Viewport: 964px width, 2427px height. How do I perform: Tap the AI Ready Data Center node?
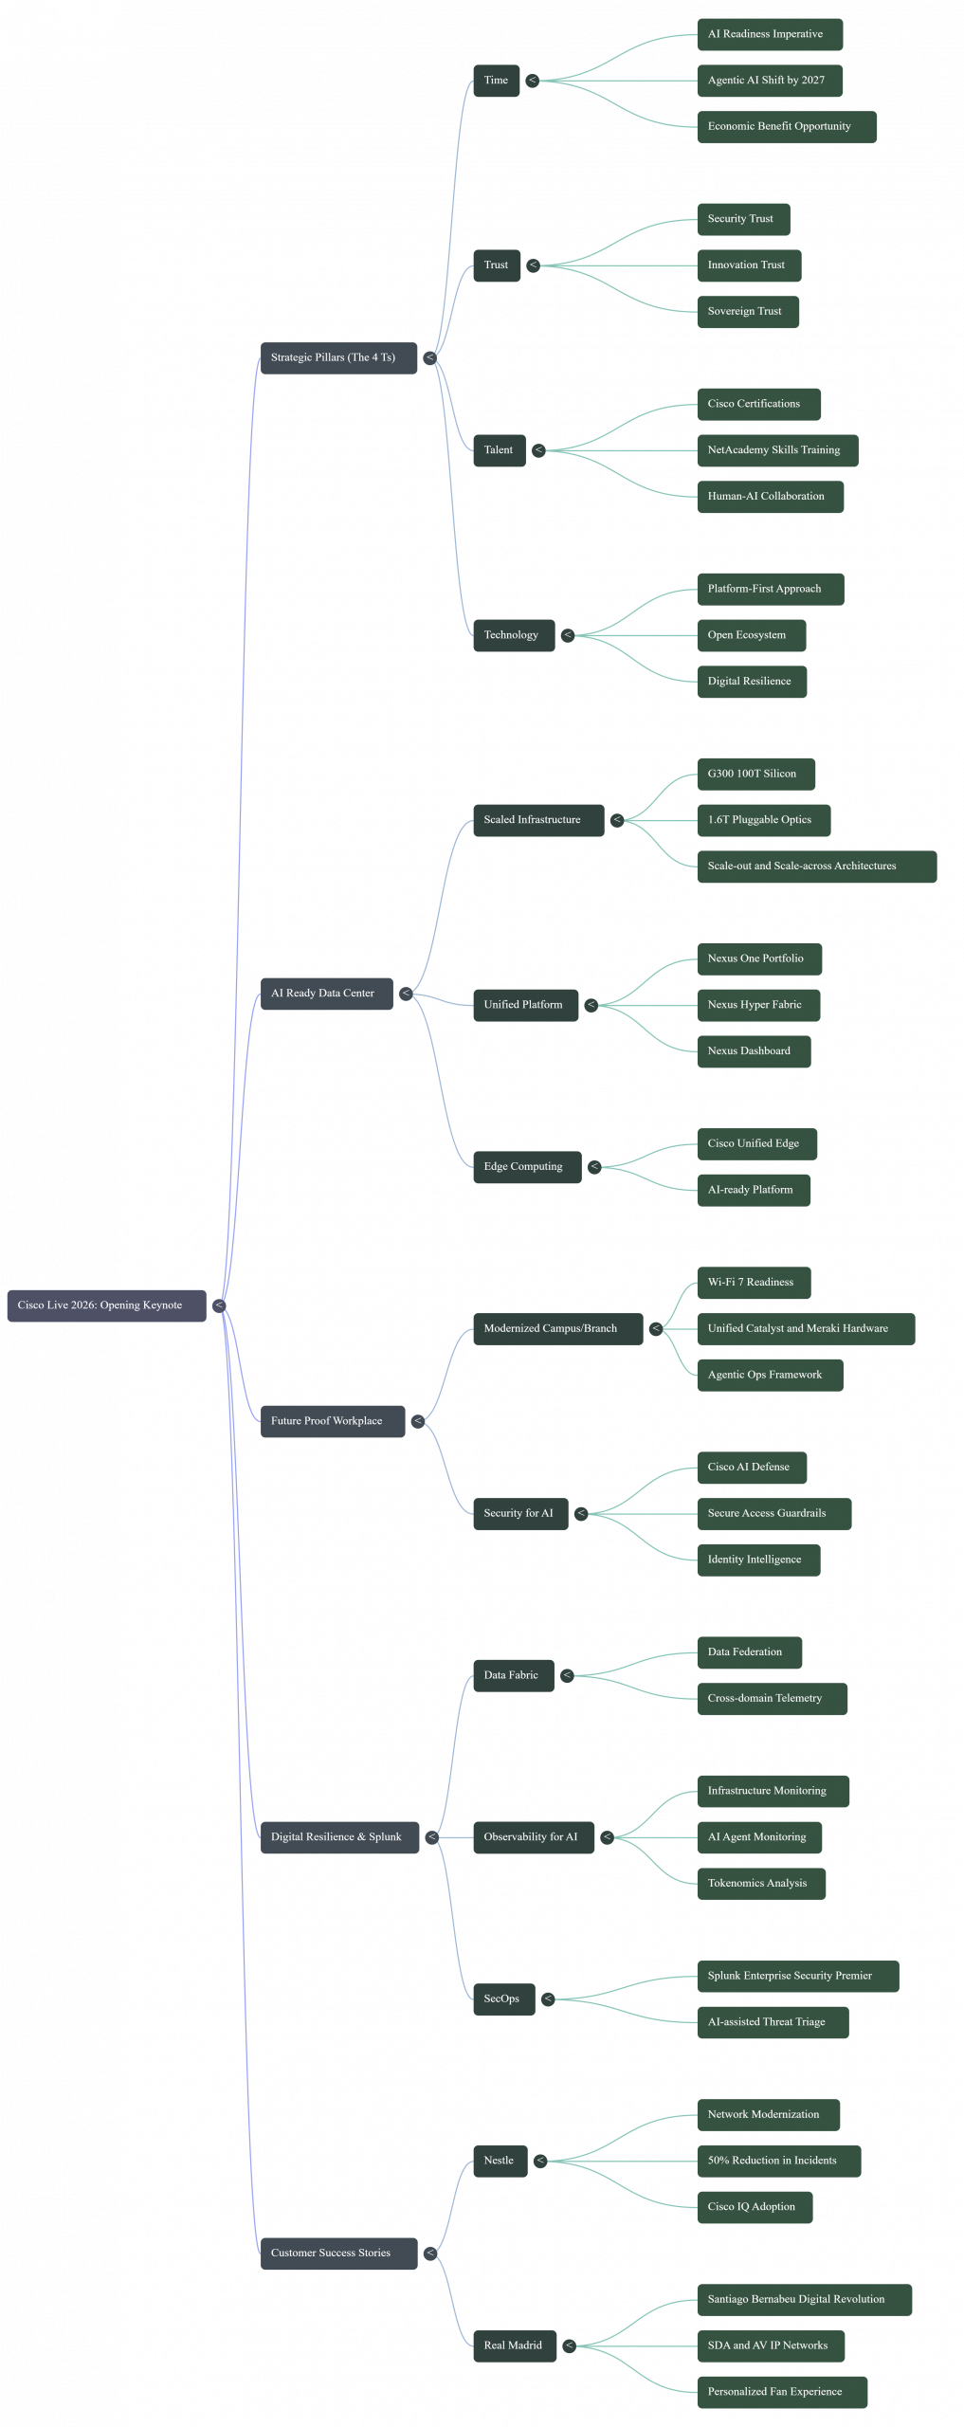coord(326,994)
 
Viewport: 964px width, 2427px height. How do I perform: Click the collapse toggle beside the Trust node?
coord(534,265)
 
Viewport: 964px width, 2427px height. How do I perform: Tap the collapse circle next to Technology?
coord(568,635)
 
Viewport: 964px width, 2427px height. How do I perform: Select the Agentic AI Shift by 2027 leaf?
coord(769,81)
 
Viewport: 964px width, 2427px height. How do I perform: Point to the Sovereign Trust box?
coord(747,312)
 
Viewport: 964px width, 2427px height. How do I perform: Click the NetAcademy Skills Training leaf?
coord(777,450)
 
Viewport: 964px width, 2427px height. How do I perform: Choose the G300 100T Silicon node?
coord(755,774)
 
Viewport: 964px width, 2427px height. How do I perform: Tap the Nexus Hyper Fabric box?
coord(757,1005)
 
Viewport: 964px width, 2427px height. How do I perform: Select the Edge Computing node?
coord(526,1167)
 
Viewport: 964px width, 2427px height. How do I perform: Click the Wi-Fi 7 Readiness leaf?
coord(754,1283)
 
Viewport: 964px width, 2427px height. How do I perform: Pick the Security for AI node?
coord(520,1514)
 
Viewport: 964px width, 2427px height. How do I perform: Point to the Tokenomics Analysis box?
coord(760,1884)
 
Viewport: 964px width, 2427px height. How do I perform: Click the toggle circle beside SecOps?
coord(548,1999)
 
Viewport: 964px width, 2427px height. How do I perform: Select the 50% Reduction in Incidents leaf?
coord(778,2162)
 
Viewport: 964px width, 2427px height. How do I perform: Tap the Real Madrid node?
coord(515,2346)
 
